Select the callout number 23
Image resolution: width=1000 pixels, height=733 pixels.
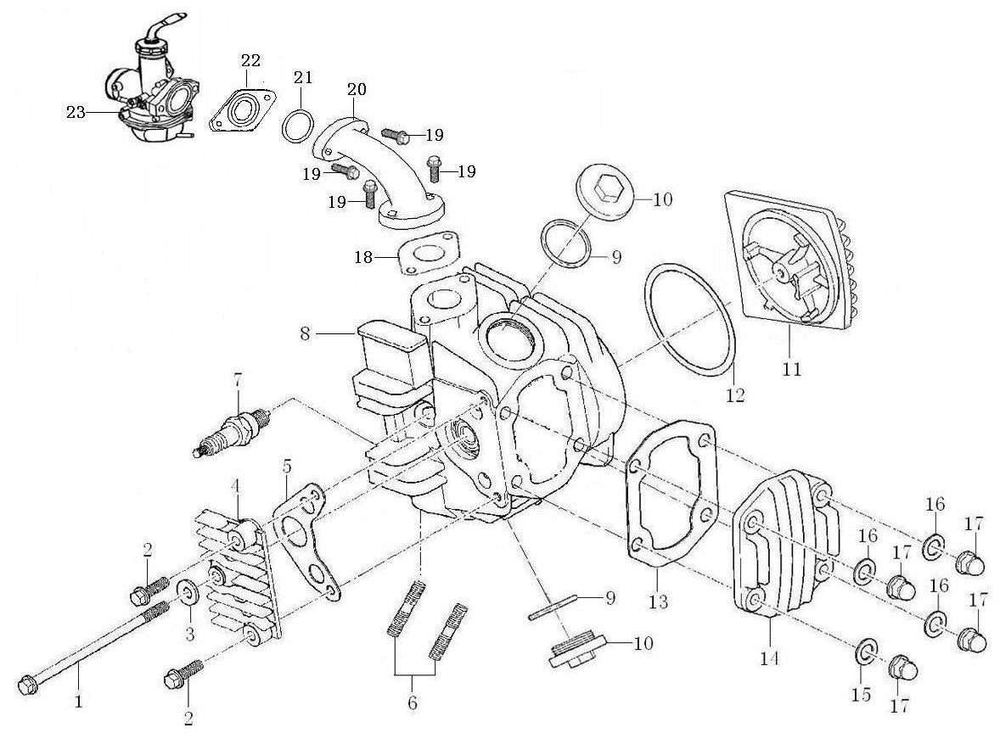pos(76,112)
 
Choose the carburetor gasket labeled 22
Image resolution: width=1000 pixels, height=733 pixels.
pos(243,113)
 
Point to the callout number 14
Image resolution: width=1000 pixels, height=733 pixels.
pos(770,657)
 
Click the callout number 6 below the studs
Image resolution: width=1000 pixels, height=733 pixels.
pos(413,702)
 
